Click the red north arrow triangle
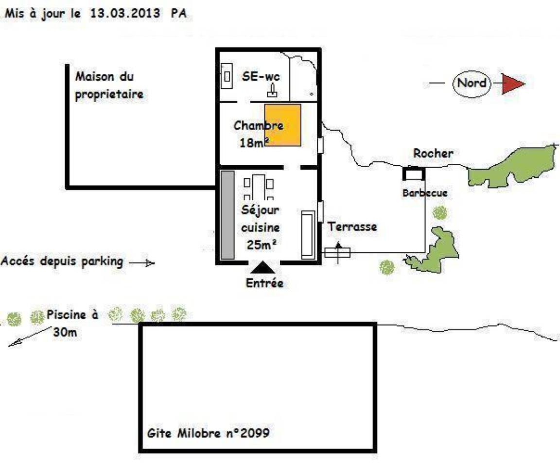pyautogui.click(x=511, y=84)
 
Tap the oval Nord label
pyautogui.click(x=472, y=84)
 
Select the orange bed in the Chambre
pyautogui.click(x=282, y=125)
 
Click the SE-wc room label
pyautogui.click(x=261, y=76)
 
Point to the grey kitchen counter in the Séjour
pyautogui.click(x=227, y=215)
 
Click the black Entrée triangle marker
pyautogui.click(x=263, y=267)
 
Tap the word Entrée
pyautogui.click(x=264, y=283)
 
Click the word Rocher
pyautogui.click(x=433, y=153)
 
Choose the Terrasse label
pyautogui.click(x=352, y=227)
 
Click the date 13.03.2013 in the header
pyautogui.click(x=124, y=13)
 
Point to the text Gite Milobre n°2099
pyautogui.click(x=208, y=433)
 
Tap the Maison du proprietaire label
pyautogui.click(x=109, y=86)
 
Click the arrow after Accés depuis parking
pyautogui.click(x=142, y=263)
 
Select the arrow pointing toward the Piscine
pyautogui.click(x=30, y=336)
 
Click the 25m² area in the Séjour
pyautogui.click(x=262, y=244)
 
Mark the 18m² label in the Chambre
pyautogui.click(x=254, y=142)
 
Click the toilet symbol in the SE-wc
pyautogui.click(x=273, y=91)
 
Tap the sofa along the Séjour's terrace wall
pyautogui.click(x=308, y=235)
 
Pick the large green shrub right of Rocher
pyautogui.click(x=511, y=166)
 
